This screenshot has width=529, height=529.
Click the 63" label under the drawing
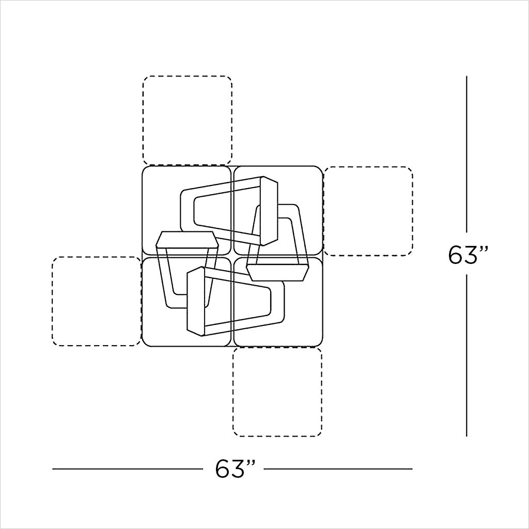coord(235,468)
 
